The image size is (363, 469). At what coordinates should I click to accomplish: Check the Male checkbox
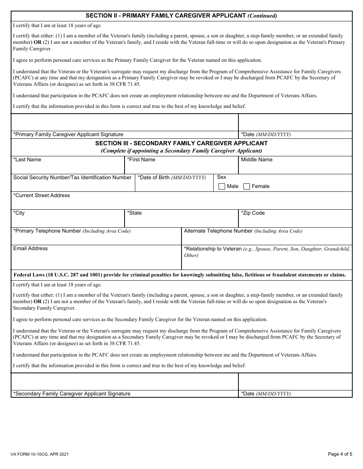point(222,186)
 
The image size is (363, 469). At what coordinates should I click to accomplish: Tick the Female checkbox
point(246,186)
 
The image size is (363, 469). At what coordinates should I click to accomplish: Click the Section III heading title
point(181,143)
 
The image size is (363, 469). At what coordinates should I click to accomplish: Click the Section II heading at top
point(181,16)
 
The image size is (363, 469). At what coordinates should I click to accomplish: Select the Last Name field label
point(27,159)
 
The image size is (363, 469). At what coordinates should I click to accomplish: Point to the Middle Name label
point(256,159)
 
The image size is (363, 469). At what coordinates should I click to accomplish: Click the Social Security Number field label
point(72,177)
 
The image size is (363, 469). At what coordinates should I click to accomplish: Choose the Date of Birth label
point(172,177)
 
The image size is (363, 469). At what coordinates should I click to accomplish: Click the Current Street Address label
point(41,195)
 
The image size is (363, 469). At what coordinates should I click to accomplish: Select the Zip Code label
point(253,213)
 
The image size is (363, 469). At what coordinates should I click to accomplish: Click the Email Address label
point(31,248)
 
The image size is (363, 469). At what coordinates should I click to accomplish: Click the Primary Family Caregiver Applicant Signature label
point(68,134)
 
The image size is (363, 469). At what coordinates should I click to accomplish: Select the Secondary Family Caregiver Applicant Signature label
point(71,394)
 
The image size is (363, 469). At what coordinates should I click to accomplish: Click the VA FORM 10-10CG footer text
point(40,455)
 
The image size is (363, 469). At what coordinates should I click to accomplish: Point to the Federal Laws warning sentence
point(180,275)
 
